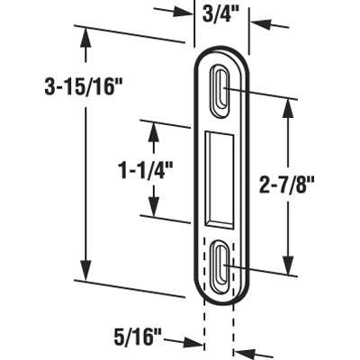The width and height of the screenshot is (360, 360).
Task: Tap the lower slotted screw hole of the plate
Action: click(221, 263)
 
